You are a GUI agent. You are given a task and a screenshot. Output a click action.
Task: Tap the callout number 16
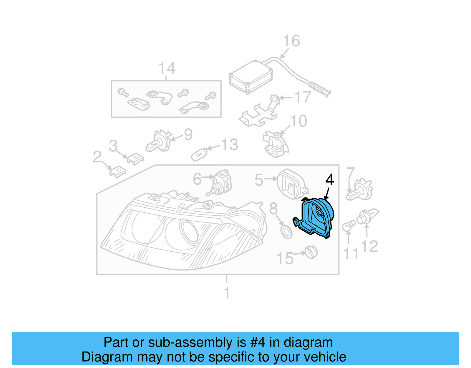(x=291, y=41)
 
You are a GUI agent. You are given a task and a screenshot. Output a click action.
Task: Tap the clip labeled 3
(x=135, y=158)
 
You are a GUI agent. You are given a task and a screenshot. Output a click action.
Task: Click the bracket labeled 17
(x=259, y=113)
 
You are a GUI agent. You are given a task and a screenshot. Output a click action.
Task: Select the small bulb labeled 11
(x=348, y=226)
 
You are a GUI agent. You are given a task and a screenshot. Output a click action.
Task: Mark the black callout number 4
(x=330, y=180)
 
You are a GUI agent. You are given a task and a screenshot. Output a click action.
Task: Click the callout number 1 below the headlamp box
(x=226, y=293)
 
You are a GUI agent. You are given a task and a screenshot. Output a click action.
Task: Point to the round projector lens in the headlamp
(x=188, y=232)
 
